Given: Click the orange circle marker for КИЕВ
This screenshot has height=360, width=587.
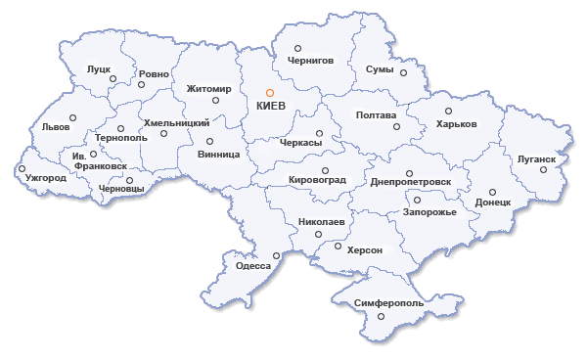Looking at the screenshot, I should pyautogui.click(x=270, y=93).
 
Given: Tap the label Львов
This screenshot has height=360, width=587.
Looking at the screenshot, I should pyautogui.click(x=57, y=128).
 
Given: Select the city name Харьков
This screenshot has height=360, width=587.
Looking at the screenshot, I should pyautogui.click(x=456, y=124).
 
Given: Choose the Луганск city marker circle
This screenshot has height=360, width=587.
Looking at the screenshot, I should pyautogui.click(x=544, y=169).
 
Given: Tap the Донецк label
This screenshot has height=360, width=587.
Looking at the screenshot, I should pyautogui.click(x=493, y=202).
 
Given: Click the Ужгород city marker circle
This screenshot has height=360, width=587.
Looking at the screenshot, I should pyautogui.click(x=22, y=168).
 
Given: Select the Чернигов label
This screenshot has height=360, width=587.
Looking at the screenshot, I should pyautogui.click(x=310, y=60).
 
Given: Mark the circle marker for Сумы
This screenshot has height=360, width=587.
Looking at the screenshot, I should pyautogui.click(x=401, y=70).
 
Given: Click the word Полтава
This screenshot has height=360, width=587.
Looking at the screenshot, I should pyautogui.click(x=377, y=114).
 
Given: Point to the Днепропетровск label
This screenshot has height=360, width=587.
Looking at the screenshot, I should pyautogui.click(x=411, y=181).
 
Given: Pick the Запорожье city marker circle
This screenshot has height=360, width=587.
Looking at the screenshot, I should pyautogui.click(x=410, y=201).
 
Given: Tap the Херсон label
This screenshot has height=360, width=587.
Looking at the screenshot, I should pyautogui.click(x=363, y=250).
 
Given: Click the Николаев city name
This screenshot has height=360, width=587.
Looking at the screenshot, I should pyautogui.click(x=321, y=222).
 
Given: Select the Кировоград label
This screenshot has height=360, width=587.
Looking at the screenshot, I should pyautogui.click(x=318, y=181).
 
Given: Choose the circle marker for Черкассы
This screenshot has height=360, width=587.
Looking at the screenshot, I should pyautogui.click(x=319, y=133).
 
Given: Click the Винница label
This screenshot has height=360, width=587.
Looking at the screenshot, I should pyautogui.click(x=217, y=154).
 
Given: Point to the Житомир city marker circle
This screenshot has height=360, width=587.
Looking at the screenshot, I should pyautogui.click(x=215, y=75).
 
